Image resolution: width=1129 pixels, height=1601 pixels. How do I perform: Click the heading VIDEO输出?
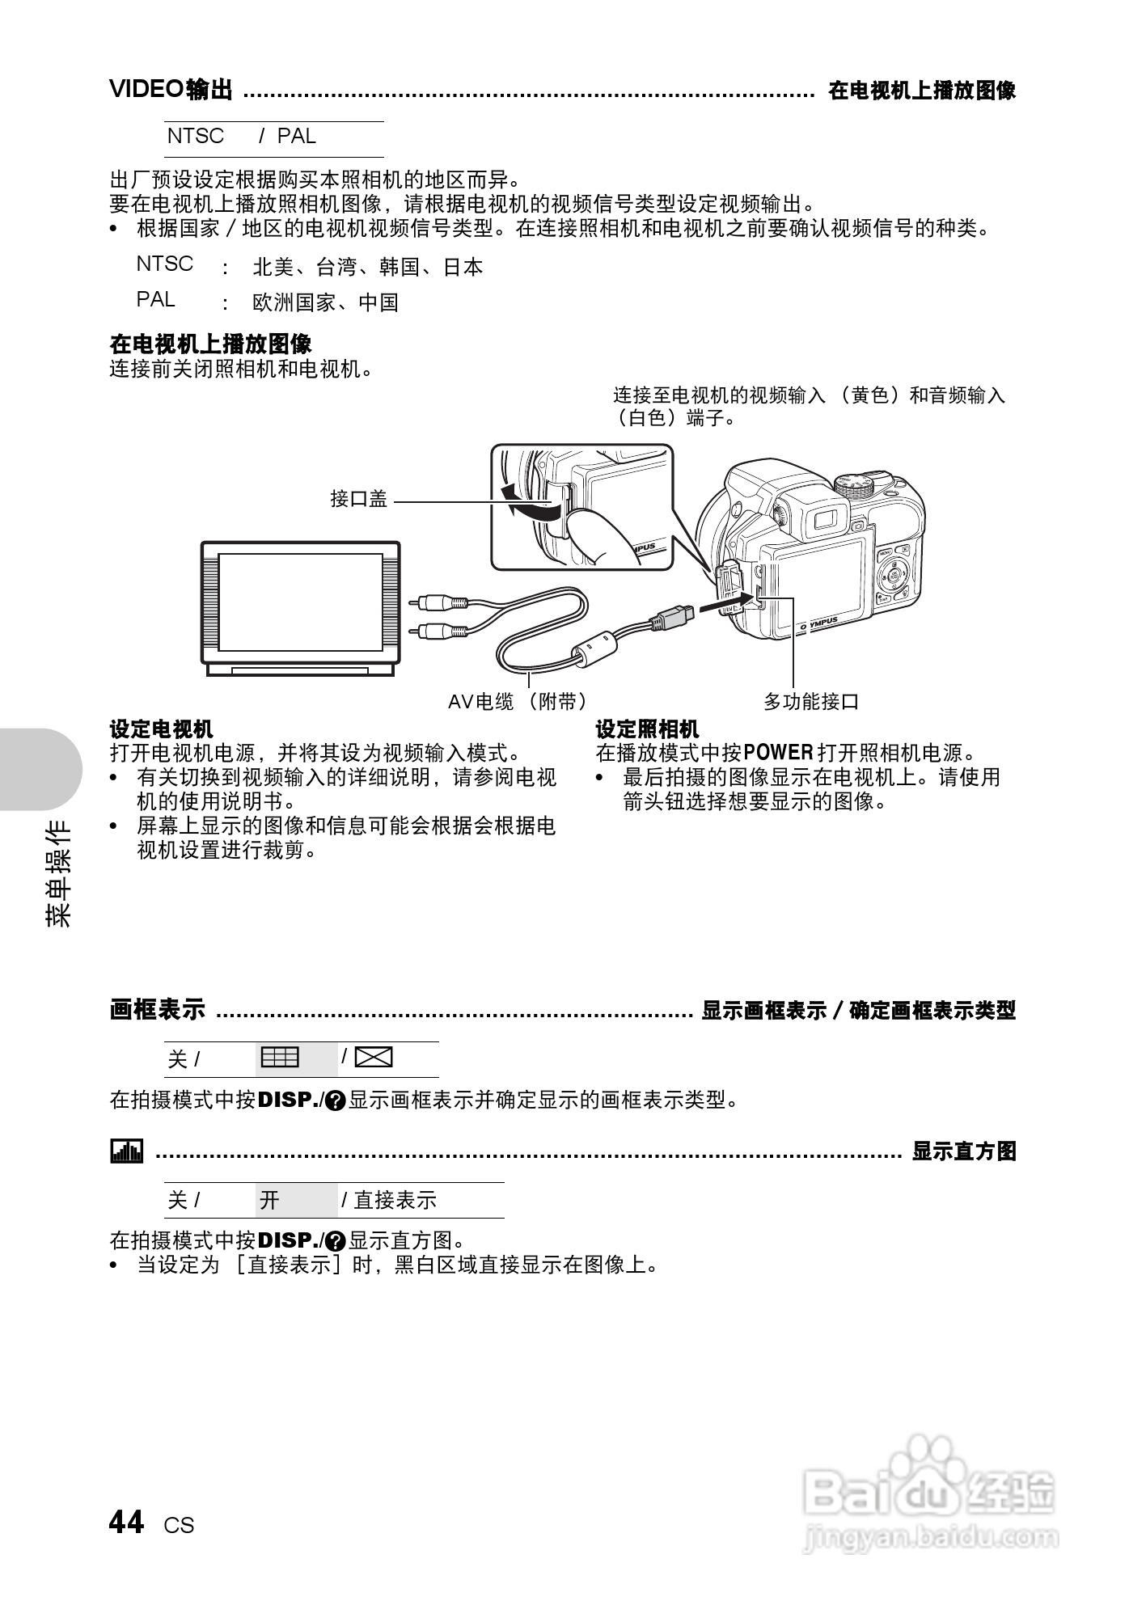(x=171, y=89)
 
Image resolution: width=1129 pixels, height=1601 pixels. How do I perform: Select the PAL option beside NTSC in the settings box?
(x=296, y=137)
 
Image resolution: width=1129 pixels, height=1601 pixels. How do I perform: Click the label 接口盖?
(x=358, y=500)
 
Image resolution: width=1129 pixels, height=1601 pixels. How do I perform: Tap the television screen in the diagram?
(x=301, y=602)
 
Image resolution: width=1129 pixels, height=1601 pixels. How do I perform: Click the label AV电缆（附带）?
(x=518, y=702)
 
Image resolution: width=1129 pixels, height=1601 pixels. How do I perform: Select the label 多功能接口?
(x=811, y=702)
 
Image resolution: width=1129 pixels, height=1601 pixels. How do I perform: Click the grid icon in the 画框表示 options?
(x=280, y=1058)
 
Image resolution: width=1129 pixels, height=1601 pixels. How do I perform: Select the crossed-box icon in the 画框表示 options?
(x=374, y=1058)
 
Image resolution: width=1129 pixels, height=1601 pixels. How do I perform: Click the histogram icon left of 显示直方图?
(x=126, y=1151)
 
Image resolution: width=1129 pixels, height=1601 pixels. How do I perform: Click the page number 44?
(x=126, y=1523)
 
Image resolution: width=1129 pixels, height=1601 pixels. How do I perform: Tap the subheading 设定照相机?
(x=647, y=729)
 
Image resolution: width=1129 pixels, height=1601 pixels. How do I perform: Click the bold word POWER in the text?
(x=778, y=754)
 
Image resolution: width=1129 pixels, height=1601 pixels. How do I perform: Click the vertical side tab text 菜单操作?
(x=58, y=873)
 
